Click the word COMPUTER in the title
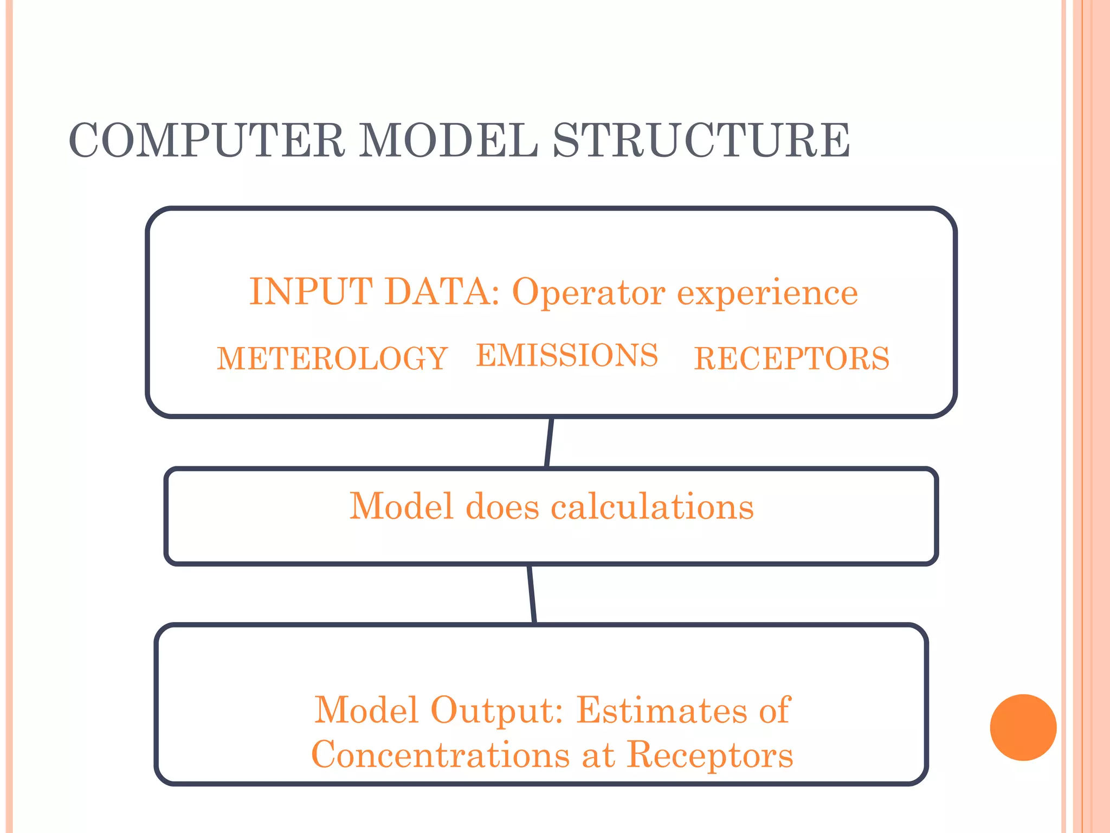(206, 140)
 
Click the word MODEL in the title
(448, 140)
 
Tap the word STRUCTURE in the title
(701, 140)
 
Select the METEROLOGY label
(332, 358)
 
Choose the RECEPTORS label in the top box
(792, 358)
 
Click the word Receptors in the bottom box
(710, 755)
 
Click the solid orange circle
(1023, 727)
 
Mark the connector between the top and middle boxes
(548, 443)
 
